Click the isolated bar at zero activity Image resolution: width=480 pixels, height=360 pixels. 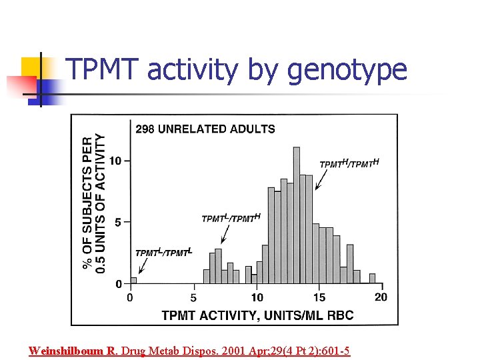[133, 280]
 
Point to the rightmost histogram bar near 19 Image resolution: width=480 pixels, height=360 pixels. [372, 279]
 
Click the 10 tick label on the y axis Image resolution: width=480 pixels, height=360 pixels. [115, 161]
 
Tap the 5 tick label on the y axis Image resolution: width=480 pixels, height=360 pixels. [119, 222]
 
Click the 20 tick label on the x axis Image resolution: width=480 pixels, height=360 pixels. [381, 297]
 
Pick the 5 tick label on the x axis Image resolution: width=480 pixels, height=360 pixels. [193, 297]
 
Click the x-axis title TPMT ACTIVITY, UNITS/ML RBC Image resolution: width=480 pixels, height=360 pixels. [257, 315]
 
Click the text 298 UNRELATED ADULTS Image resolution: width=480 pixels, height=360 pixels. [205, 129]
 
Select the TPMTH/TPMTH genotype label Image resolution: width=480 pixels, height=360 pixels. [349, 163]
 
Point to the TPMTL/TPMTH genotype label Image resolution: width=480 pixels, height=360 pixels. [231, 218]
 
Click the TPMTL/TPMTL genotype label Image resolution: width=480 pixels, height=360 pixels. [163, 252]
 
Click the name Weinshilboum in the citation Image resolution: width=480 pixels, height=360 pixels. [67, 351]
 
